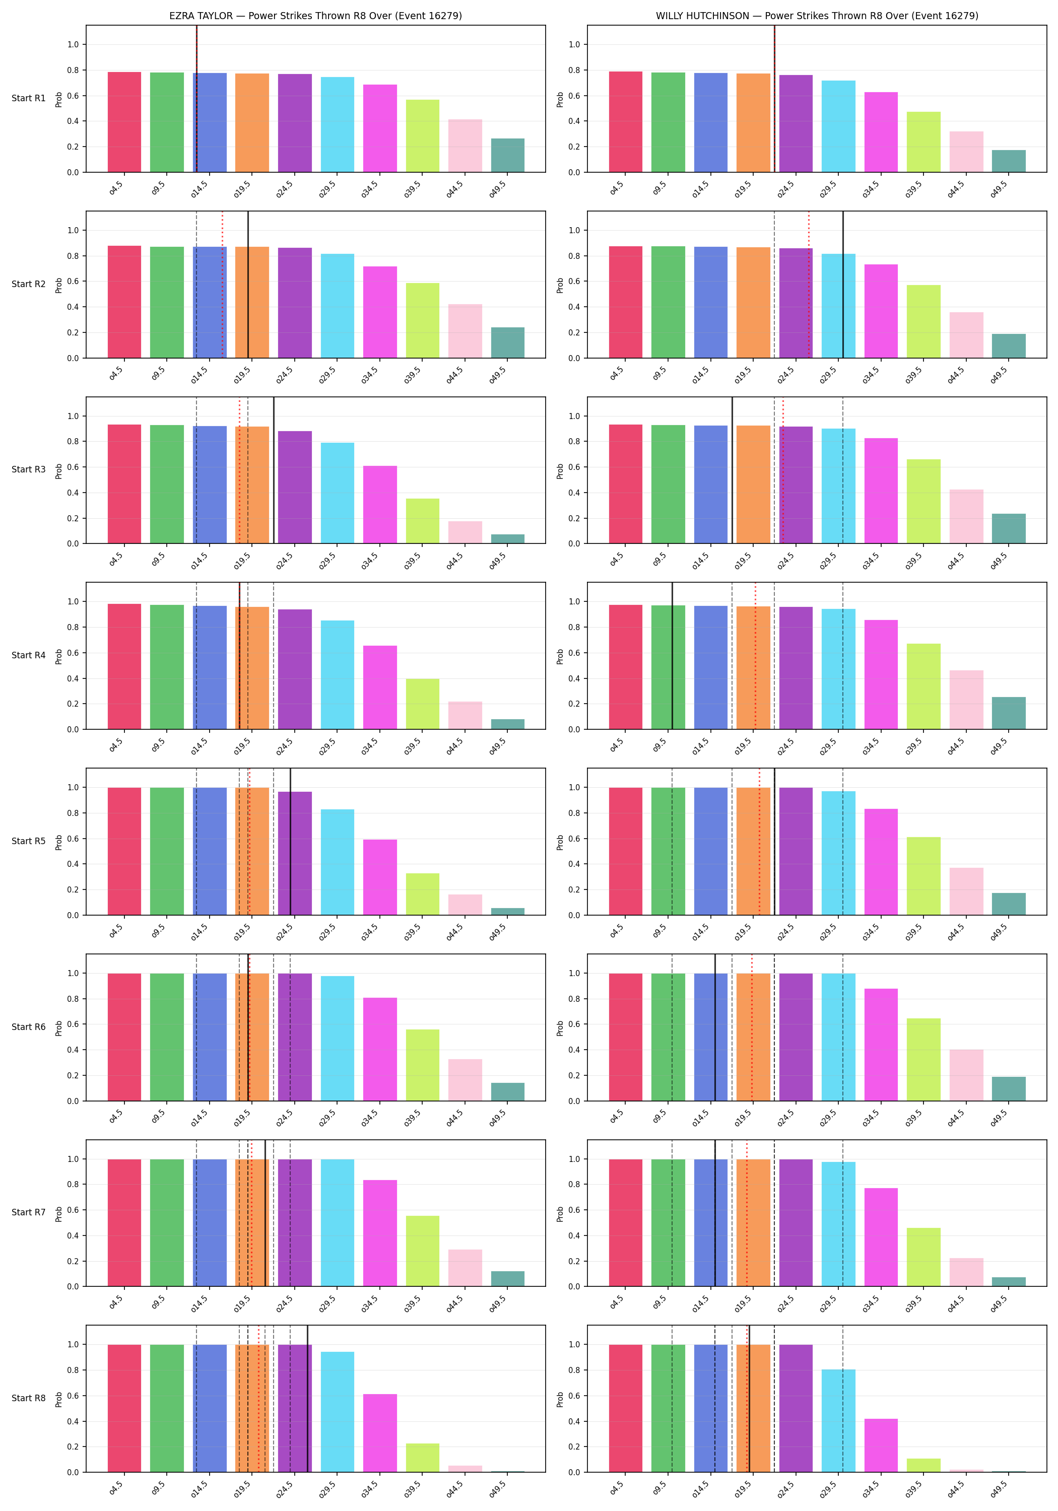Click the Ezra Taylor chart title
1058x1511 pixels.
tap(315, 16)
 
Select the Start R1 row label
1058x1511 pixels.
tap(29, 98)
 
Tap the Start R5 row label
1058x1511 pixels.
tap(29, 841)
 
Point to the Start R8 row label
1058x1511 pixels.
tap(29, 1398)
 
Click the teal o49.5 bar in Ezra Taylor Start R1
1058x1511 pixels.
tap(508, 155)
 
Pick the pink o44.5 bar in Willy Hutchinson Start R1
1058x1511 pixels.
tap(966, 152)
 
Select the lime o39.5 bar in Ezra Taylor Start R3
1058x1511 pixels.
tap(423, 521)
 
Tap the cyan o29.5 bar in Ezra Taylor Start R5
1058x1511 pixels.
tap(337, 862)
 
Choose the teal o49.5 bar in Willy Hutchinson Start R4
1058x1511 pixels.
tap(1009, 713)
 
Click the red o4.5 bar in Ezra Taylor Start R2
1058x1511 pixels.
tap(124, 302)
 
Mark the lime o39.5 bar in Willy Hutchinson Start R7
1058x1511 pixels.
tap(923, 1257)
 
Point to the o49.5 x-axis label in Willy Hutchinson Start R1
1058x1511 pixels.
tap(999, 189)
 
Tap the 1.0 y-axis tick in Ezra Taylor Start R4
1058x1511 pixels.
tap(73, 601)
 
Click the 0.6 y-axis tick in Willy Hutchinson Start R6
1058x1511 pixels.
tap(574, 1024)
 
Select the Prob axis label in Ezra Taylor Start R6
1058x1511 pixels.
tap(58, 1027)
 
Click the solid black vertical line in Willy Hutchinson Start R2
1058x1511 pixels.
tap(843, 284)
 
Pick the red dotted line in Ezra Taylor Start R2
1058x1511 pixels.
tap(223, 284)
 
